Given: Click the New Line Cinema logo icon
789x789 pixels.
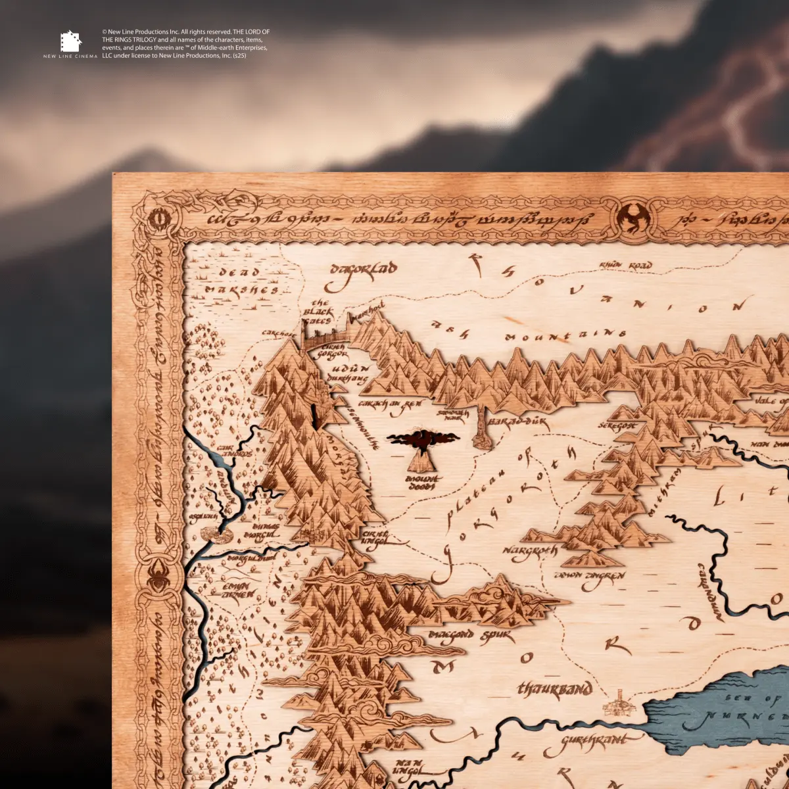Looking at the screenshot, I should point(70,42).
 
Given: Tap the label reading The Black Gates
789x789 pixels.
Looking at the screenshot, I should point(321,311).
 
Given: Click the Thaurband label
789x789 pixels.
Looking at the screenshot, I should point(555,689).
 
